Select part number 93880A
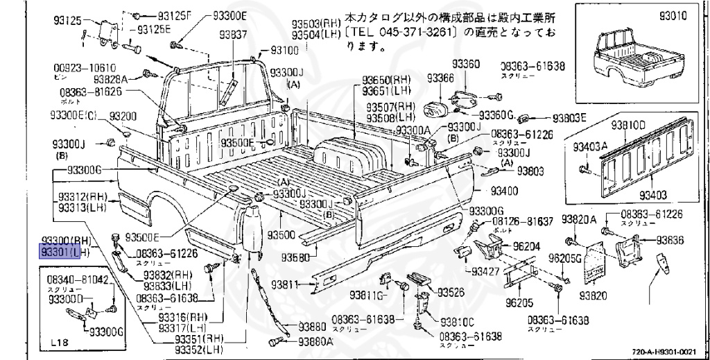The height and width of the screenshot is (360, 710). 315,341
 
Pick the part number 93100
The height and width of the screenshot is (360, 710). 284,50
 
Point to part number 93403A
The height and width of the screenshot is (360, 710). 590,146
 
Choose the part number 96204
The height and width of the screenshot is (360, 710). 528,245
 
